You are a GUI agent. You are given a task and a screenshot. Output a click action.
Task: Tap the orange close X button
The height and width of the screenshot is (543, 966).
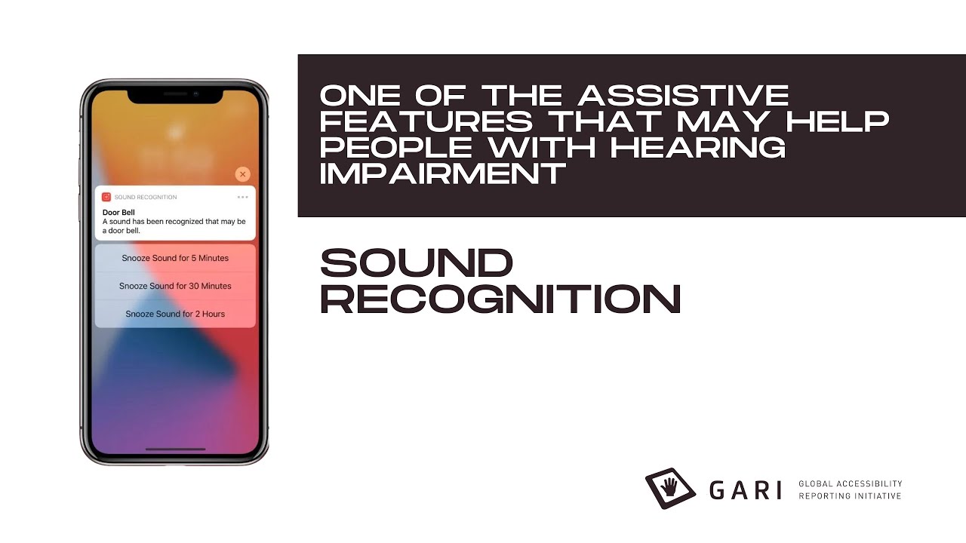pos(242,174)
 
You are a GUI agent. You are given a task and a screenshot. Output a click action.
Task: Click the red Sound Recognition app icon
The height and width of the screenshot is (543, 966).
pos(106,197)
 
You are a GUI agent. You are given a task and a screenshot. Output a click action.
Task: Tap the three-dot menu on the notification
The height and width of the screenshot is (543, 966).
pos(242,197)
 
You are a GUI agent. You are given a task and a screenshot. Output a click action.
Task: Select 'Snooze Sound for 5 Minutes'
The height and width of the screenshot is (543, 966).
pos(175,258)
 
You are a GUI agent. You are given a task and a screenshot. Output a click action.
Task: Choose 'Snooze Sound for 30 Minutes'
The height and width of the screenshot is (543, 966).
pos(175,286)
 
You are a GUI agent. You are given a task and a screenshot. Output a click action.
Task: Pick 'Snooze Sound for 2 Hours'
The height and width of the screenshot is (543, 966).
pos(175,314)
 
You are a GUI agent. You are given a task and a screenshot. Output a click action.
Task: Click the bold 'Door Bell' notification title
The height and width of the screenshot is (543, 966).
pos(118,213)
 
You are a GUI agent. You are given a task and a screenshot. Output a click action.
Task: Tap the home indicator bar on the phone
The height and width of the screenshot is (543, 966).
pos(175,449)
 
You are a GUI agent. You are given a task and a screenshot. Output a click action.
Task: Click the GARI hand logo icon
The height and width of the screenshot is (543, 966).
pos(670,489)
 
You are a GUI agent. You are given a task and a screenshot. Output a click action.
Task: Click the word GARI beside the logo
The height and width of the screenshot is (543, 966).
pos(745,490)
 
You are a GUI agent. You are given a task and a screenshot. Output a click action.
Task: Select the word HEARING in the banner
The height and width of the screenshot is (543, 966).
pos(698,148)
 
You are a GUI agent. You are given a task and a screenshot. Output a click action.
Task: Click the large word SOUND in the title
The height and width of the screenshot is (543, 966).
pos(417,263)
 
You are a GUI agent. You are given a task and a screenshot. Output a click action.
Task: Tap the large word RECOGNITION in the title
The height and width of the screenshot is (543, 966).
pos(500,299)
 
